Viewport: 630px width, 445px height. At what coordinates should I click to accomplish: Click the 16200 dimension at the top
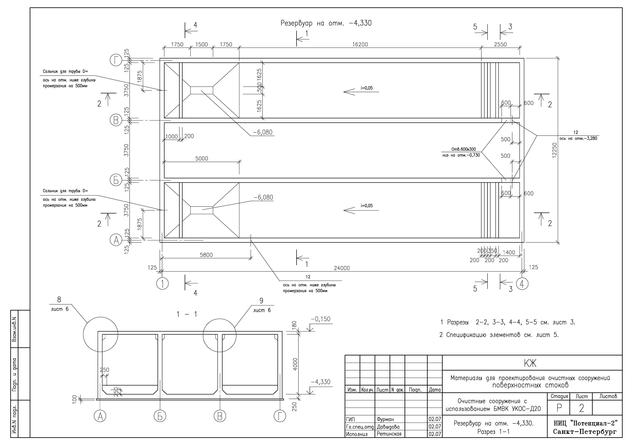360,44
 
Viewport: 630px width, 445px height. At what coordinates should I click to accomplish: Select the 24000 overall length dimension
342,268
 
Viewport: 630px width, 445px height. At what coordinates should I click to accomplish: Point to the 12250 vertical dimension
555,150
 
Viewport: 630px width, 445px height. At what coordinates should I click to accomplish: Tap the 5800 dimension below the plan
206,255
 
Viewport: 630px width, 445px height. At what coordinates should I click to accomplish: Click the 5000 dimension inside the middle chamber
201,158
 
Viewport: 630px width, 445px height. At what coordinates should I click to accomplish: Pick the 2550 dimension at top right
500,44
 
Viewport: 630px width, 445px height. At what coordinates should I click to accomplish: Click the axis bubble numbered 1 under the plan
163,284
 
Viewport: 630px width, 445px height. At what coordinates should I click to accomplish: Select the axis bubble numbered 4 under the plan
522,284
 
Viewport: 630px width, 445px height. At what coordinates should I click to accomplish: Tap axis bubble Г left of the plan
116,60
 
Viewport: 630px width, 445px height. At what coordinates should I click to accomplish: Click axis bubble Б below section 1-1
160,416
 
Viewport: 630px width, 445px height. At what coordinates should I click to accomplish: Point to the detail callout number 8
59,300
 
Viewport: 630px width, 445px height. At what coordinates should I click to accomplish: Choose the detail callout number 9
261,301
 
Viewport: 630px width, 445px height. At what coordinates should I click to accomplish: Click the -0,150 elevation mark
320,319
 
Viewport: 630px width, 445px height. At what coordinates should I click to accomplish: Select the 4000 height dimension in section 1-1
295,364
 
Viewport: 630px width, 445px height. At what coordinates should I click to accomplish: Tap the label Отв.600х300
463,149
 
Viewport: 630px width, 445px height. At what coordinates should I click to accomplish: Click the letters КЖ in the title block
530,364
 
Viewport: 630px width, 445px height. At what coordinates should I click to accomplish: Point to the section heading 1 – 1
187,314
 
